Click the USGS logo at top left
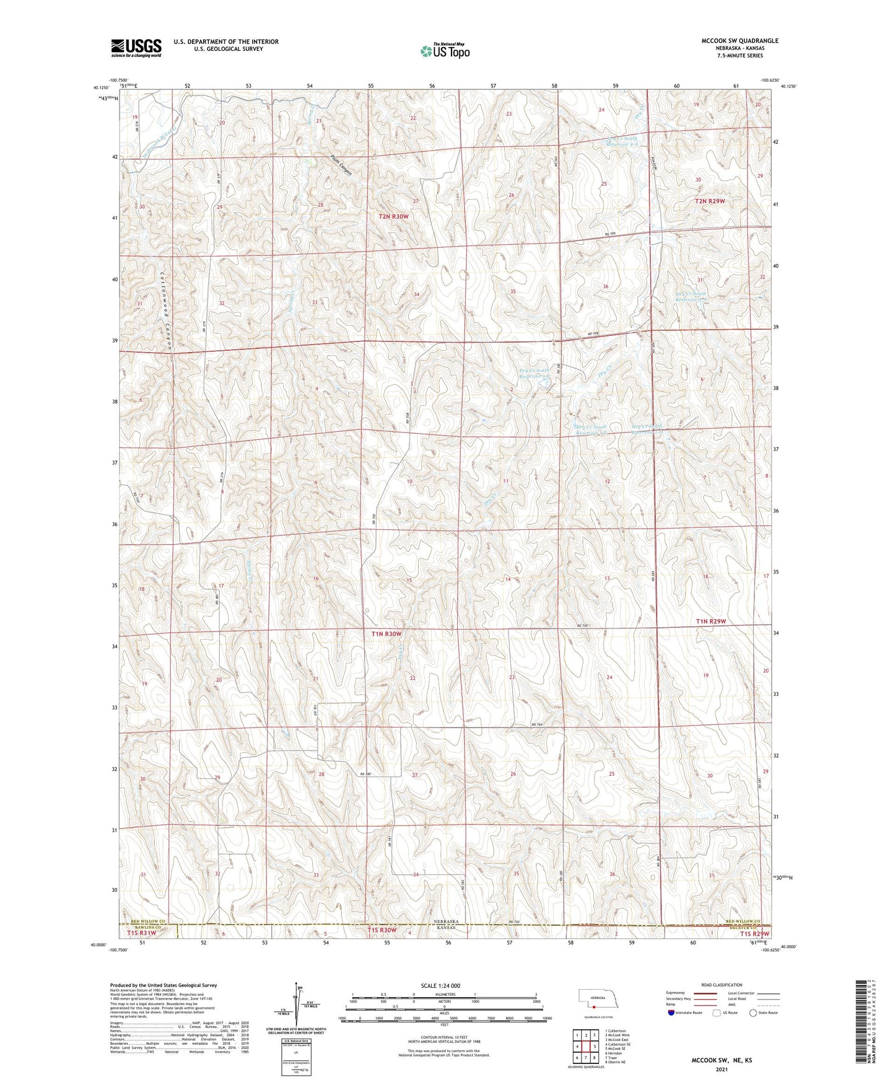136,47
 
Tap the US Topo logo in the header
444,51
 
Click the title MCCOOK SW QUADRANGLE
740,41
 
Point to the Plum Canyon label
341,164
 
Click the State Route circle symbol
753,1013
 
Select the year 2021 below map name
720,1069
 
